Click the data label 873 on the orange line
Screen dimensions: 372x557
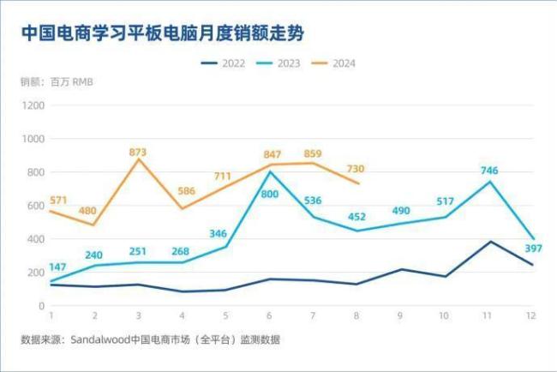tap(138, 152)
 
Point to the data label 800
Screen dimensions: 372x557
tap(271, 195)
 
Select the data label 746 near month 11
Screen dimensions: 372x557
tap(489, 171)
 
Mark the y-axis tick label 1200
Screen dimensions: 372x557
tap(33, 105)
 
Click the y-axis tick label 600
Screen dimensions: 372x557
tap(36, 206)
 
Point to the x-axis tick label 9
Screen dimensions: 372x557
tap(400, 316)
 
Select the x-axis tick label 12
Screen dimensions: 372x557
tap(531, 316)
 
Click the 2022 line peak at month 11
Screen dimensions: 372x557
tap(488, 242)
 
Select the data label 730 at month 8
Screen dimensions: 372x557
tap(356, 169)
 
